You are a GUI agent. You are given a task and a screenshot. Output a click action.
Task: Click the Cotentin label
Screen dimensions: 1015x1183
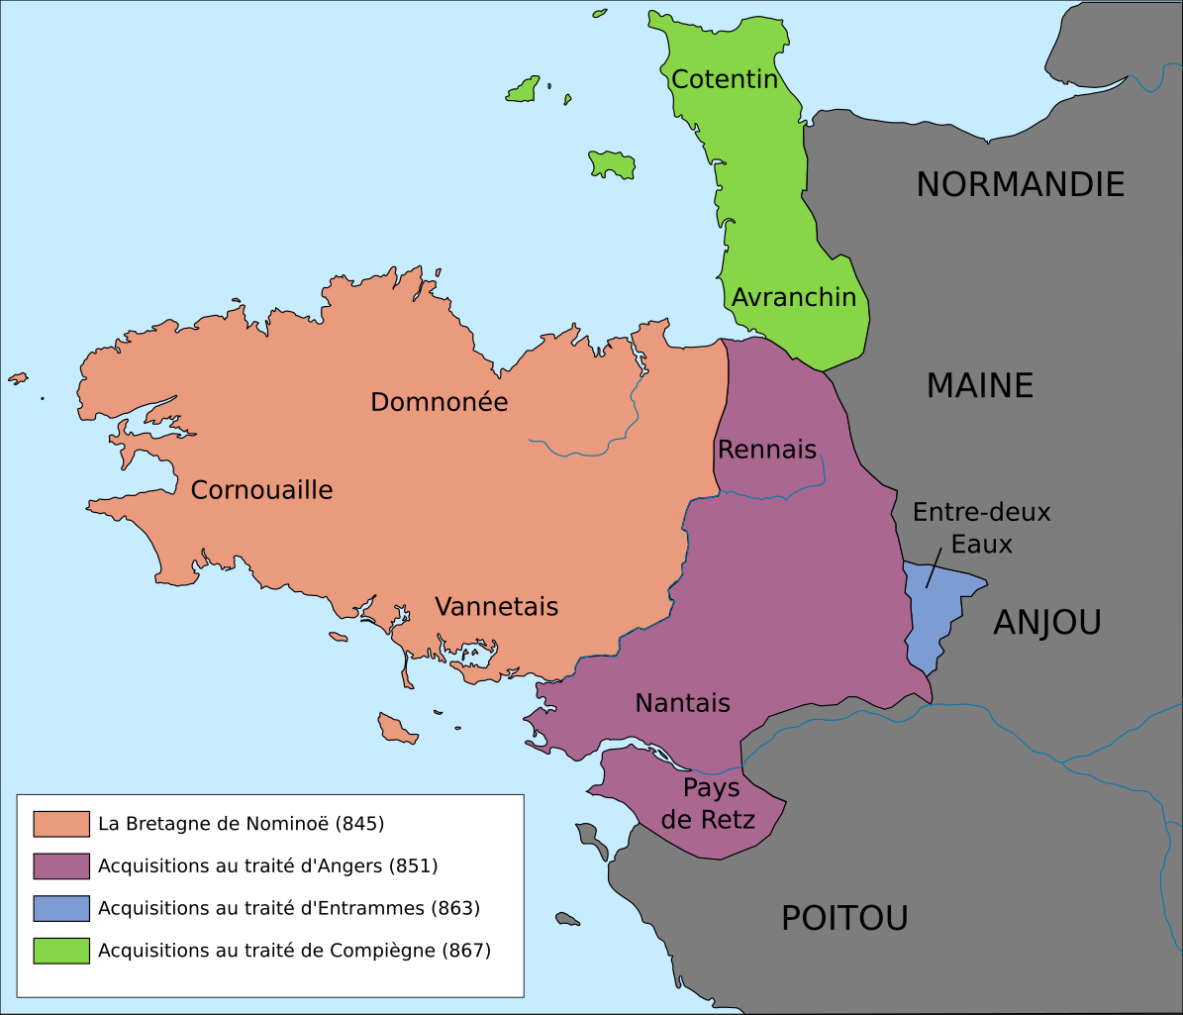pyautogui.click(x=725, y=79)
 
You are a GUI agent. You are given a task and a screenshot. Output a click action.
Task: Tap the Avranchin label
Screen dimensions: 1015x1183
pyautogui.click(x=794, y=296)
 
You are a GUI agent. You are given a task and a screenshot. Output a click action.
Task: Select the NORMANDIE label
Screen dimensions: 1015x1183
pyautogui.click(x=1020, y=184)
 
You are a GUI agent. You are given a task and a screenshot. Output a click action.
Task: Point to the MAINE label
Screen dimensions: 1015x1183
pyautogui.click(x=979, y=385)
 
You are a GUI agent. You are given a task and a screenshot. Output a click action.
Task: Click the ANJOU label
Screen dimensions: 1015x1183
pyautogui.click(x=1046, y=622)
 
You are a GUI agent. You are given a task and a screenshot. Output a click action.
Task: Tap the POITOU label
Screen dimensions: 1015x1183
pyautogui.click(x=844, y=918)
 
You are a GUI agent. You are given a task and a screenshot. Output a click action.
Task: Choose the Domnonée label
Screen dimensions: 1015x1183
pyautogui.click(x=439, y=402)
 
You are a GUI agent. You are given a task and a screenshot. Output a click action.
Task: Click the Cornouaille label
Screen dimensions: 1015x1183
pyautogui.click(x=261, y=489)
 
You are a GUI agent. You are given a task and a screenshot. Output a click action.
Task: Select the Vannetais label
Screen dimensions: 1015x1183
pyautogui.click(x=496, y=606)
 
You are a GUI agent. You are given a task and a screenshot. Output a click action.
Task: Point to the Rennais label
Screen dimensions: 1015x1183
pyautogui.click(x=767, y=450)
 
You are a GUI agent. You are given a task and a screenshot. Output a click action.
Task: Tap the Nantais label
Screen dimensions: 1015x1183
pyautogui.click(x=682, y=703)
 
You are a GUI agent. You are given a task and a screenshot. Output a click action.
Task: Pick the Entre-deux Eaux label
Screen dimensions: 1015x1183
pyautogui.click(x=981, y=528)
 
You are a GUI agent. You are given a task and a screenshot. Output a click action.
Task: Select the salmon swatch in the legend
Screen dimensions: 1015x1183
pyautogui.click(x=61, y=824)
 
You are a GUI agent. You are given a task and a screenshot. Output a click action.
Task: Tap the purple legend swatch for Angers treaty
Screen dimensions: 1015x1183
pyautogui.click(x=61, y=865)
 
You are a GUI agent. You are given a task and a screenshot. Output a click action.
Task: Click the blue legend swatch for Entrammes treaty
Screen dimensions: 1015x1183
pyautogui.click(x=61, y=908)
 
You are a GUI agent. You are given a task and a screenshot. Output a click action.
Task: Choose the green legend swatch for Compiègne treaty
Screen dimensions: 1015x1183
pyautogui.click(x=61, y=951)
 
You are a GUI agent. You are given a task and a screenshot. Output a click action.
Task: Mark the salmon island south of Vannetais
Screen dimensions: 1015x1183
pyautogui.click(x=397, y=731)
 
